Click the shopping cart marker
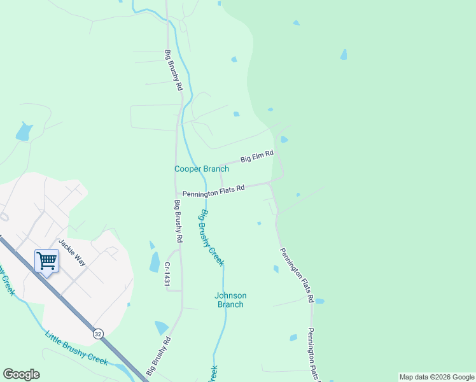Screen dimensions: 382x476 46,260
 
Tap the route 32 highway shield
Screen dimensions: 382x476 97,334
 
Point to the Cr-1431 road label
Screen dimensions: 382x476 167,272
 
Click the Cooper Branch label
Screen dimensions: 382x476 202,169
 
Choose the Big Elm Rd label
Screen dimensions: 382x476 256,156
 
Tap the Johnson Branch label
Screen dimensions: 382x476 230,300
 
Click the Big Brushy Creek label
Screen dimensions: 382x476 211,237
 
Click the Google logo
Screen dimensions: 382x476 21,374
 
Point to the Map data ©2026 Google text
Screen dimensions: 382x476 436,377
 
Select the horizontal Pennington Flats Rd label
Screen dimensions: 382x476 214,192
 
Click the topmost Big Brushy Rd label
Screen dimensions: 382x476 174,70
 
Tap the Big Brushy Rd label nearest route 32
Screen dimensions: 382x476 158,356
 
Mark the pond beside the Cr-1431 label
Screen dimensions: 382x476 155,262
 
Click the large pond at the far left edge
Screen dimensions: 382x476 24,132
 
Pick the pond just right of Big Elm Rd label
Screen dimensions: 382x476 284,139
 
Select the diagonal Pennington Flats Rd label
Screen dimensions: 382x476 297,274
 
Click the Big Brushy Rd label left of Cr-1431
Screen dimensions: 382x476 179,221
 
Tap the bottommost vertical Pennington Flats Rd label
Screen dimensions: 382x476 312,355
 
